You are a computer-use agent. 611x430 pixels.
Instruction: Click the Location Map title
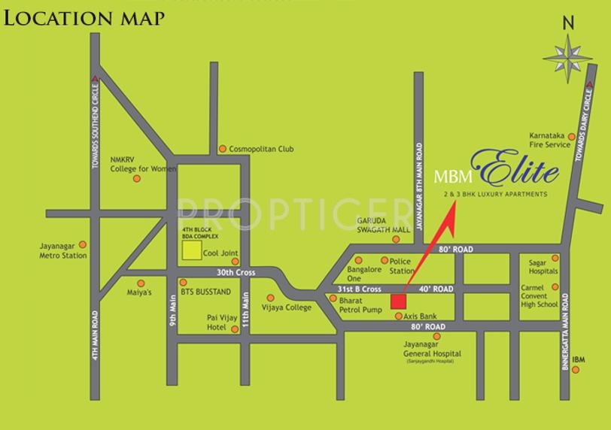pyautogui.click(x=84, y=17)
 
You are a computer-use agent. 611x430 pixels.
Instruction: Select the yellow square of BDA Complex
pyautogui.click(x=191, y=250)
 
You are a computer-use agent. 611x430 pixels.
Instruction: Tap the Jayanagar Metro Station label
pyautogui.click(x=63, y=250)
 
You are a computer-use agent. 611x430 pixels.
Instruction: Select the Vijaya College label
pyautogui.click(x=286, y=307)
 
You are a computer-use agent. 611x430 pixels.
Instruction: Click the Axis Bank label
pyautogui.click(x=421, y=316)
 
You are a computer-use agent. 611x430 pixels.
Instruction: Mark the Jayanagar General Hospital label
pyautogui.click(x=433, y=349)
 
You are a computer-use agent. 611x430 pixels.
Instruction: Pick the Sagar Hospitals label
pyautogui.click(x=543, y=267)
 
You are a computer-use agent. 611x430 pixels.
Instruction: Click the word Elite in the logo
pyautogui.click(x=515, y=171)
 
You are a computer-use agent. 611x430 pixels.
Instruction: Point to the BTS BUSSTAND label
pyautogui.click(x=205, y=290)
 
